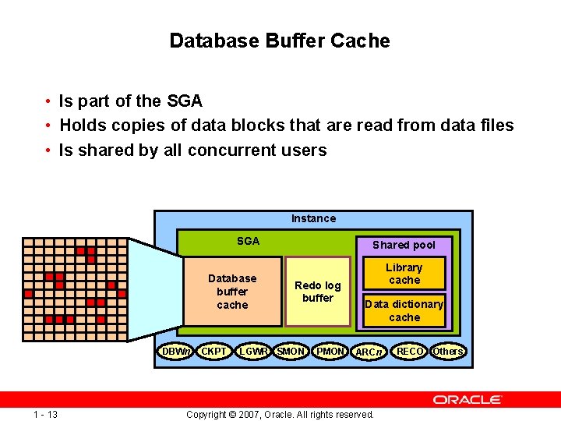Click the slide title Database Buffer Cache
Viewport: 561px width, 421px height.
click(280, 41)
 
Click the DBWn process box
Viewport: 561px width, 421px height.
click(176, 352)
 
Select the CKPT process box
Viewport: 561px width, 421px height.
click(213, 352)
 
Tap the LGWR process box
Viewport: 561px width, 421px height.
click(253, 352)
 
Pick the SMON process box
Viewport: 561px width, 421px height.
click(291, 352)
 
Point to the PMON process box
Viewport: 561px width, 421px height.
click(330, 352)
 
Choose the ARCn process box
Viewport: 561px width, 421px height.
click(369, 352)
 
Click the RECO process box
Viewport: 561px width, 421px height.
click(410, 352)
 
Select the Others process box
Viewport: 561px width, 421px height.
click(448, 352)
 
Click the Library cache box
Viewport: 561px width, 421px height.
click(404, 274)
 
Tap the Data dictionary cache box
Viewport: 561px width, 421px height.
click(404, 310)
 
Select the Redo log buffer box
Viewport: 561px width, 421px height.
click(317, 292)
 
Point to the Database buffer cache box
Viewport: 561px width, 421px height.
click(232, 292)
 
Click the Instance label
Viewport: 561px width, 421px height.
click(313, 218)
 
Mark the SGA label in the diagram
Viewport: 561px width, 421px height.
click(248, 241)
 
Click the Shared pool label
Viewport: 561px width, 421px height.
click(404, 245)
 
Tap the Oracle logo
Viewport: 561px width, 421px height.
click(467, 399)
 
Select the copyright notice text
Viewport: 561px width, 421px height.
click(280, 414)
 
